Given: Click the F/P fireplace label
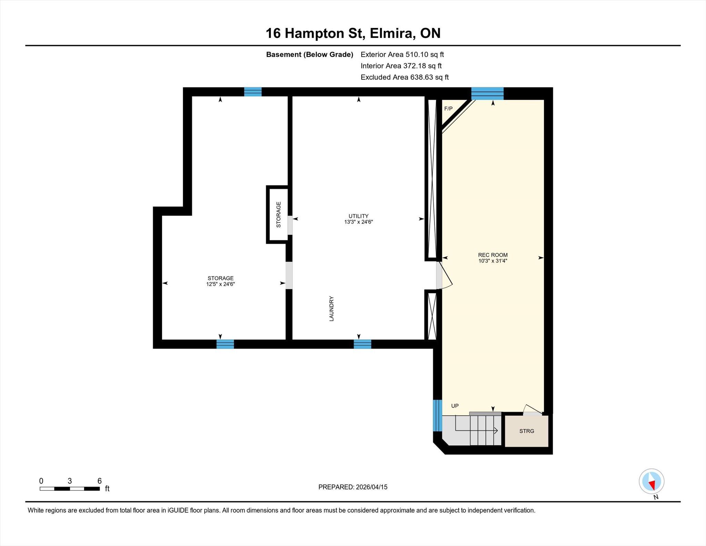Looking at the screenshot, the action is point(448,109).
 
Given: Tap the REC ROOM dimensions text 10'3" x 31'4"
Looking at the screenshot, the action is point(493,261).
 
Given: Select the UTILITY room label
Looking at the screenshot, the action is point(359,216).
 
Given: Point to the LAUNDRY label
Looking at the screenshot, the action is point(332,309).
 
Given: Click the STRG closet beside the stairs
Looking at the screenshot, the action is point(527,431).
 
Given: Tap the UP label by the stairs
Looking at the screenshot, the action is point(455,406).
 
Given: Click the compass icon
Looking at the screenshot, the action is point(652,481).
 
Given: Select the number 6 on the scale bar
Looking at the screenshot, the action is point(100,481).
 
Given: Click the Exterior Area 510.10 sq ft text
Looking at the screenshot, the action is point(402,54).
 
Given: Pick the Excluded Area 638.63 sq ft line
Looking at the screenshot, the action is point(405,77).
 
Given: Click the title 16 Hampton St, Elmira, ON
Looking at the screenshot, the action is point(353,33).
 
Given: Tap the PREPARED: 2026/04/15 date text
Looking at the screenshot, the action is point(353,487).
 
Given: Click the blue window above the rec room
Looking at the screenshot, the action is point(487,93).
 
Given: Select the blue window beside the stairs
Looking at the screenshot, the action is point(437,416).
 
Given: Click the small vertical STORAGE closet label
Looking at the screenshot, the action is point(279,215).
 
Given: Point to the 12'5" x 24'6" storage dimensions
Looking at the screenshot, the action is point(221,284).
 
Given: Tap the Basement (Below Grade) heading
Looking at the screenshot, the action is point(310,54).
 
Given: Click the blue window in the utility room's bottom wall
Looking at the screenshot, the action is point(363,344).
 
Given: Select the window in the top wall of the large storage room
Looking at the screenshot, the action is point(253,92).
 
